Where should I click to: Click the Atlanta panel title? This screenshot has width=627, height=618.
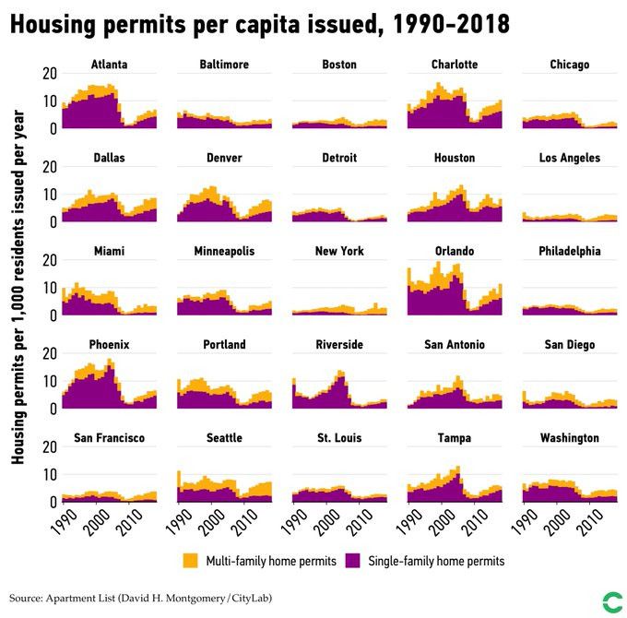(109, 65)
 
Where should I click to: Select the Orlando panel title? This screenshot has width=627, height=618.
(455, 251)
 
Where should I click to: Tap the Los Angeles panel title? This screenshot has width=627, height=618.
(569, 158)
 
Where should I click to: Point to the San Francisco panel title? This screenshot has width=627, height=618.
(109, 437)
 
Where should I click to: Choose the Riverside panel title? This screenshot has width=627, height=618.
(339, 344)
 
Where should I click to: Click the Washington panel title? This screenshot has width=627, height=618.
(569, 437)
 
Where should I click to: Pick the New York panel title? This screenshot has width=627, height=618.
(339, 251)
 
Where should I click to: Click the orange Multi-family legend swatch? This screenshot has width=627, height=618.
(191, 560)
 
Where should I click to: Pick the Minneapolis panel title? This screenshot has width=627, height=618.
(224, 251)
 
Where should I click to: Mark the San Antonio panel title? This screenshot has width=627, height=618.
(455, 344)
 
